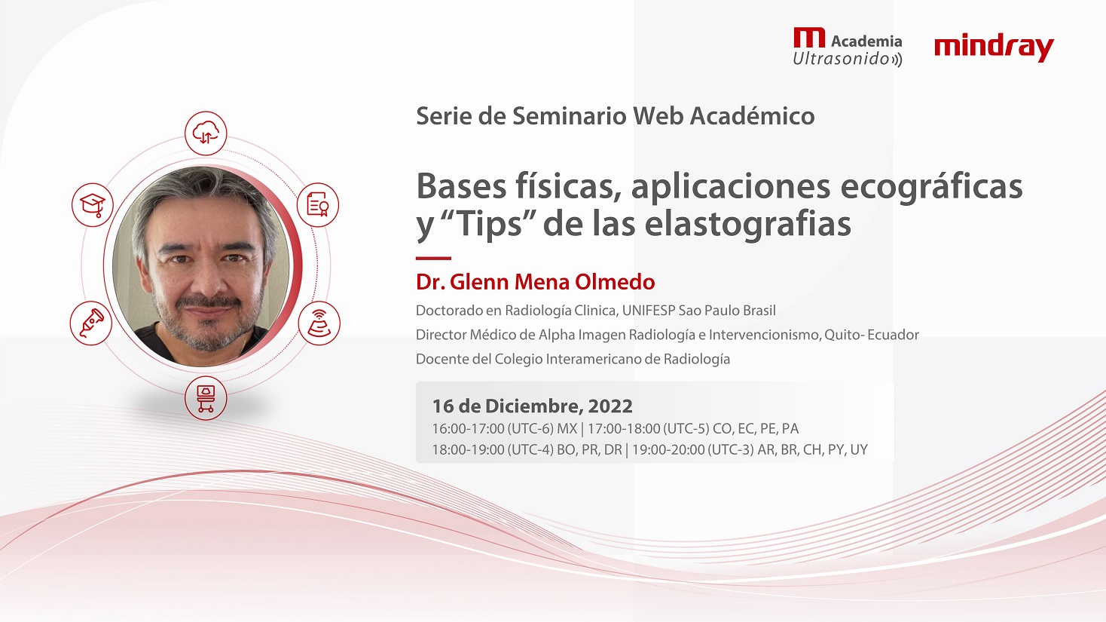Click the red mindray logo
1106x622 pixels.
[994, 48]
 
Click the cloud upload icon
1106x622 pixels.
[206, 133]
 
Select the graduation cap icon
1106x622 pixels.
[93, 204]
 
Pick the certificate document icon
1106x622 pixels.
[318, 204]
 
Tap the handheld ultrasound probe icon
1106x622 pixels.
[91, 323]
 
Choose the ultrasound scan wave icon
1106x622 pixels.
[319, 323]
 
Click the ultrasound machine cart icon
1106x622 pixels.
[206, 398]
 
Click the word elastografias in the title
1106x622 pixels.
[747, 224]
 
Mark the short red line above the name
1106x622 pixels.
[433, 258]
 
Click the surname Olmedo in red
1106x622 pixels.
[616, 282]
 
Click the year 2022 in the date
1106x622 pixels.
[610, 406]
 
